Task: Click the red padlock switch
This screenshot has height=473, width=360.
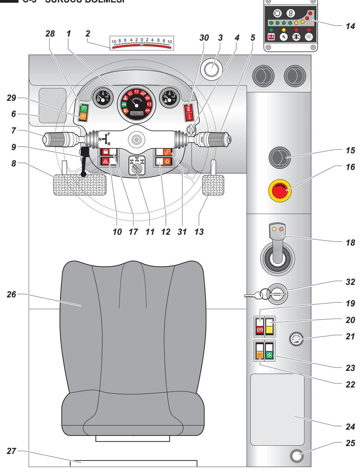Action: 106,152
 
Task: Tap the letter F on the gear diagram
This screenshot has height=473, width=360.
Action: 108,134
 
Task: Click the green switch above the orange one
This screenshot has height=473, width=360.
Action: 84,108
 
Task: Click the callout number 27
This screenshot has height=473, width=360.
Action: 13,451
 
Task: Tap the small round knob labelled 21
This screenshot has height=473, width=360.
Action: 295,339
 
